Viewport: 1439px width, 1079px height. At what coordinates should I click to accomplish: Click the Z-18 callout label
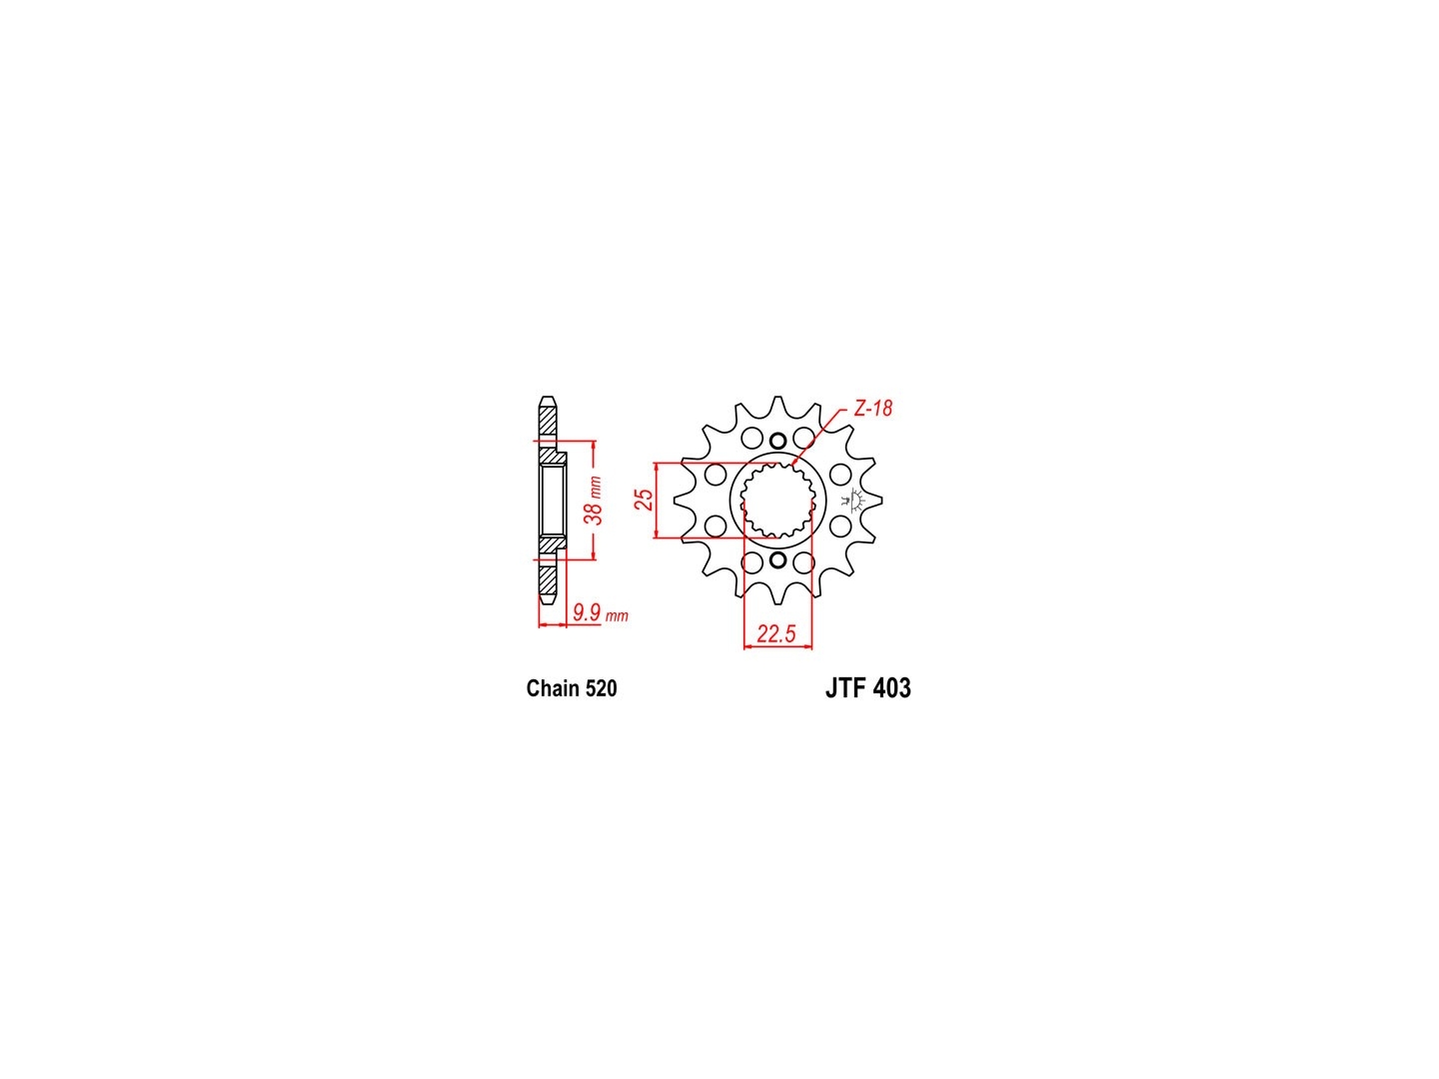pyautogui.click(x=872, y=409)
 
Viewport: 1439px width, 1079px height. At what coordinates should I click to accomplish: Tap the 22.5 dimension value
pyautogui.click(x=776, y=633)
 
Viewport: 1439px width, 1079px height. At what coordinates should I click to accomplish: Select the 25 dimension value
pyautogui.click(x=646, y=500)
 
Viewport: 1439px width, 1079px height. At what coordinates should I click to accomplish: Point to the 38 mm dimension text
pyautogui.click(x=595, y=501)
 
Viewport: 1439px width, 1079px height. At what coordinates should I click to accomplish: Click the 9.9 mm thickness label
pyautogui.click(x=601, y=613)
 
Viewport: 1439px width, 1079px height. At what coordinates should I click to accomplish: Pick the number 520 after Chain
pyautogui.click(x=602, y=688)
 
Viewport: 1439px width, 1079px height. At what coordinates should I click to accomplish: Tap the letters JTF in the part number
pyautogui.click(x=844, y=688)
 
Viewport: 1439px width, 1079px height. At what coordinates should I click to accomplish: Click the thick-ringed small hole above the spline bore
pyautogui.click(x=777, y=441)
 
